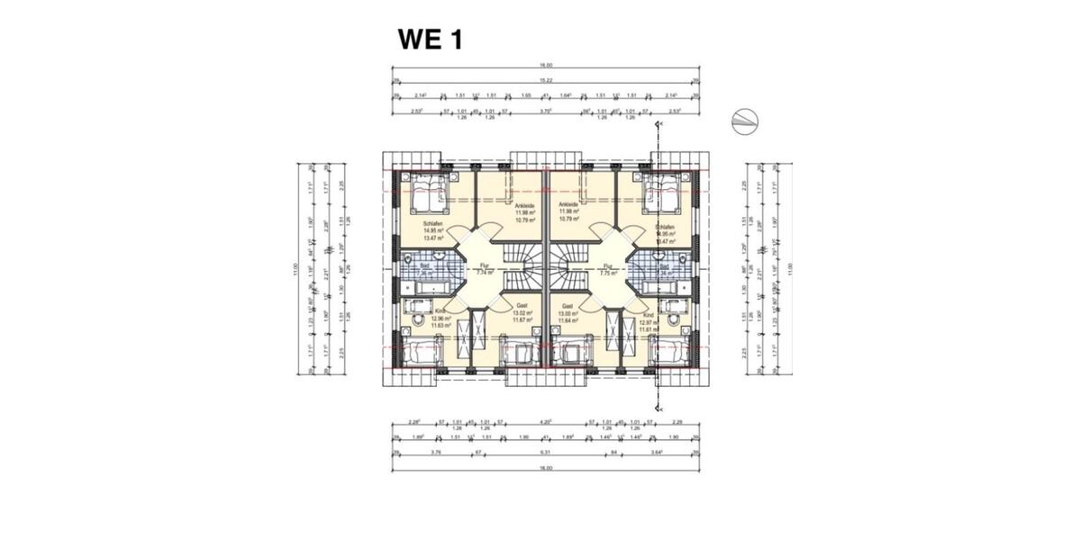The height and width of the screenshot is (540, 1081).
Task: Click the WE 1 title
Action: pos(430,40)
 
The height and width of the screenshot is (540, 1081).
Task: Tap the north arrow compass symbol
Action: pos(745,121)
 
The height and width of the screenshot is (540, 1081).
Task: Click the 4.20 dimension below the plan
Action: pos(544,421)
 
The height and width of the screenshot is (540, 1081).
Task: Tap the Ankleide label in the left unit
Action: pos(522,206)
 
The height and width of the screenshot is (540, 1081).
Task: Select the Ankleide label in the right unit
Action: pos(568,206)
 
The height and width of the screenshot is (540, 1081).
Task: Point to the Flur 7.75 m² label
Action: pos(608,268)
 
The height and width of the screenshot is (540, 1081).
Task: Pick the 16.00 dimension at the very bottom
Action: pos(546,468)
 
